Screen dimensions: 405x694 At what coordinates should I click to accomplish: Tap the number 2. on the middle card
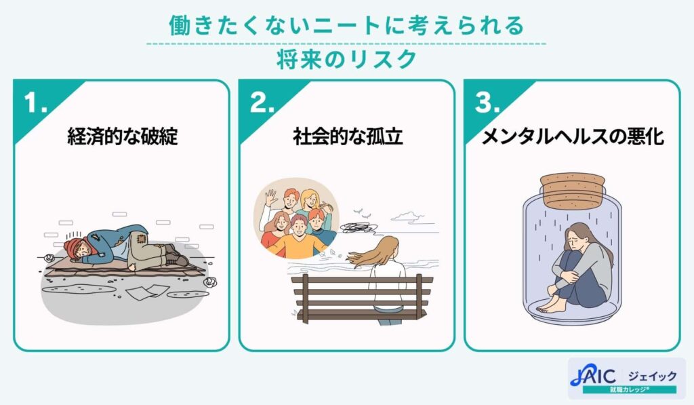pyautogui.click(x=262, y=104)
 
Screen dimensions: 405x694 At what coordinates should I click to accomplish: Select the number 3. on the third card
pyautogui.click(x=487, y=104)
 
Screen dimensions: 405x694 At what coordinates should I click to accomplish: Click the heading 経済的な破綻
pyautogui.click(x=123, y=137)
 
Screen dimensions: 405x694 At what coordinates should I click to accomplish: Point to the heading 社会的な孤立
pyautogui.click(x=347, y=137)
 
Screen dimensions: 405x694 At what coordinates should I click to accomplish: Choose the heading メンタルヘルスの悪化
pyautogui.click(x=572, y=137)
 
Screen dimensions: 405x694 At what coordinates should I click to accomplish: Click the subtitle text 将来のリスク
pyautogui.click(x=346, y=60)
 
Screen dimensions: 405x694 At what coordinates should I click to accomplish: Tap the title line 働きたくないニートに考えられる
pyautogui.click(x=346, y=26)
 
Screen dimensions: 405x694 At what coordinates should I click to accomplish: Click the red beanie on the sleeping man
pyautogui.click(x=71, y=246)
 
